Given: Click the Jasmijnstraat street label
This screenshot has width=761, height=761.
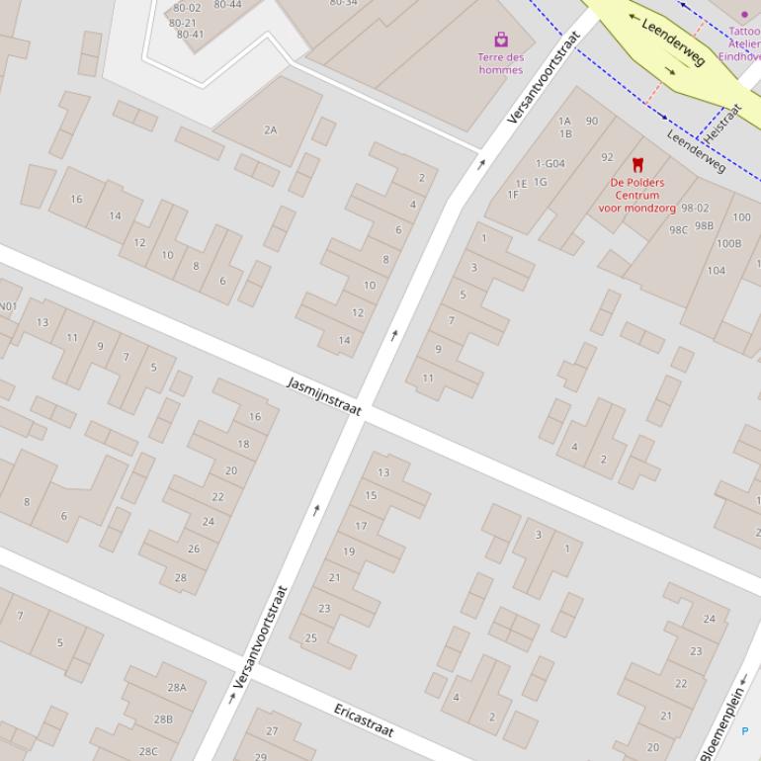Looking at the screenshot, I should tap(324, 396).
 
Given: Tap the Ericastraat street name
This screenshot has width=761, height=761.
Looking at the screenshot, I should tap(364, 720).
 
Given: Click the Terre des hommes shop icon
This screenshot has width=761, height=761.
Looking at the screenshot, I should tap(501, 40).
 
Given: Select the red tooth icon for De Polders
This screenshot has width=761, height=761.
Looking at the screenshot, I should tap(637, 165).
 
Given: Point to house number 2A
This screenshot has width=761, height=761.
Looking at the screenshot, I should tap(271, 129).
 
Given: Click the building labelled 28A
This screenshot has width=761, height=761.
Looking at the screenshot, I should tap(177, 688).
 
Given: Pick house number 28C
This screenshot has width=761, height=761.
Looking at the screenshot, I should tap(147, 751).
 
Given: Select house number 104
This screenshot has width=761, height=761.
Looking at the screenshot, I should tap(716, 270).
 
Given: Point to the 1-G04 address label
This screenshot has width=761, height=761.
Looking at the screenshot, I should tap(550, 163).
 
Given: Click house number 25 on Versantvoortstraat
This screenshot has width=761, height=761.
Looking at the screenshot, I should tap(310, 637).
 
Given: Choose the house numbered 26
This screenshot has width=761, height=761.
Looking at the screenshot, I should tap(194, 549).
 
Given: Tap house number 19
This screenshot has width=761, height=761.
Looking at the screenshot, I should tap(349, 551).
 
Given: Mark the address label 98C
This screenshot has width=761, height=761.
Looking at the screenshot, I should tap(678, 230).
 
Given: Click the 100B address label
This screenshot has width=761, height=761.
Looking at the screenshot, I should tap(728, 243).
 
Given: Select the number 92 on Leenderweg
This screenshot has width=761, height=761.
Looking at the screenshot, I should tap(607, 157).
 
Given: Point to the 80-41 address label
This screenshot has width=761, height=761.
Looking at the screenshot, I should tap(190, 35).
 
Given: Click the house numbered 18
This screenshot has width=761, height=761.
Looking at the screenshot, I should tap(243, 444).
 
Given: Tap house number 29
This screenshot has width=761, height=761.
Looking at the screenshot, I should tap(261, 756).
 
